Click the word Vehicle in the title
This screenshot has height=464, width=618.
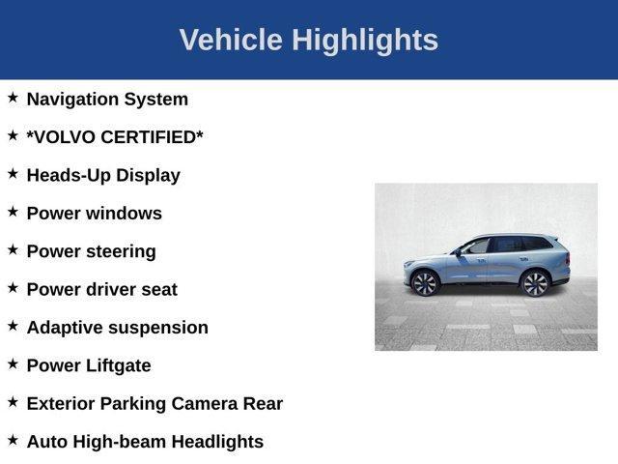point(231,41)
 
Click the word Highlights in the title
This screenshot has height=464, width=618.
point(365,41)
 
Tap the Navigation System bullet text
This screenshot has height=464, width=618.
point(107,99)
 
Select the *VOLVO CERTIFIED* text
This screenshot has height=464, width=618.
point(115,137)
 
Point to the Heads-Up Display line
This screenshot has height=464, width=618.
point(103,175)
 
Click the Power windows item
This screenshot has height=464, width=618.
point(95,213)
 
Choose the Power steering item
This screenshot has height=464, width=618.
point(91,251)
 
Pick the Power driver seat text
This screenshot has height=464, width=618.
point(102,289)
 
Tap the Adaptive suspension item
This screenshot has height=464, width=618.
point(117,327)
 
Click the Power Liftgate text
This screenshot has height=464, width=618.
point(89,365)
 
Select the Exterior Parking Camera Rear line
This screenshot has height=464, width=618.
point(154,403)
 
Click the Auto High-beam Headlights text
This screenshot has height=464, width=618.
point(145,442)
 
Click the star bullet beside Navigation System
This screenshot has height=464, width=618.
point(13,98)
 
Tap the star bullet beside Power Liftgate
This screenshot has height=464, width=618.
point(13,364)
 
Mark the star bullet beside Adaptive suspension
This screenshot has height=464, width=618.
point(13,326)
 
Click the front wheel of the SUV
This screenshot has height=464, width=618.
point(425,282)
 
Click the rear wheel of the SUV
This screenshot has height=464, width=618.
point(534,282)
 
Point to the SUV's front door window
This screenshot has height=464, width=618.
point(476,246)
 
